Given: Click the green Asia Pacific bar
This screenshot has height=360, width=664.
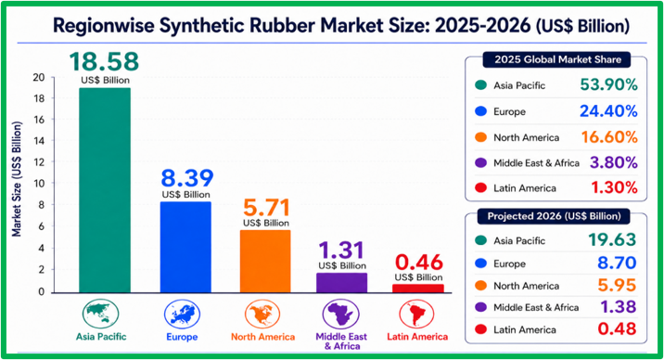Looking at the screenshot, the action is [x=105, y=190].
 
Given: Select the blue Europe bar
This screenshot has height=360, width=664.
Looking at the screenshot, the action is [x=185, y=247].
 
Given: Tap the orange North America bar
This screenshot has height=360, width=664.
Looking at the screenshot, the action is [x=265, y=262].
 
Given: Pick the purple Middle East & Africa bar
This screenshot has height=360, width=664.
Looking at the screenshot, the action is [x=342, y=282].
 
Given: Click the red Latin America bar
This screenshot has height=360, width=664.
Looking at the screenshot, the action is [x=418, y=289].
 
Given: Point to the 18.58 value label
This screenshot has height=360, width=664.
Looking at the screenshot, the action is [x=104, y=61].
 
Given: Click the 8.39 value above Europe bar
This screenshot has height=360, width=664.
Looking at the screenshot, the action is [x=186, y=178].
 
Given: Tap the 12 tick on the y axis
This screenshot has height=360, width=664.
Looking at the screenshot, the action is [x=39, y=161].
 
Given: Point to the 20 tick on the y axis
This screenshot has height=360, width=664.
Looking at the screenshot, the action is [x=39, y=77].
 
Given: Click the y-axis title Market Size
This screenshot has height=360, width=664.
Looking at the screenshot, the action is [x=17, y=179].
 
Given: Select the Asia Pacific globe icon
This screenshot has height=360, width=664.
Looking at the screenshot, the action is [x=100, y=314].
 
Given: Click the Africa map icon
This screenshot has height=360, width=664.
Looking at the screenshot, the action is [x=341, y=314].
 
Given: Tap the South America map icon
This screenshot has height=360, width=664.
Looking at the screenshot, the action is [x=416, y=314].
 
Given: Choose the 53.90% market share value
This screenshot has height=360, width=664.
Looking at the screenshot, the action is [x=608, y=84].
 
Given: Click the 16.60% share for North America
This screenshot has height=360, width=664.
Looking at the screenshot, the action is [x=609, y=137].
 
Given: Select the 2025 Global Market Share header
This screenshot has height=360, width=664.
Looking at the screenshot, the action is [x=557, y=59].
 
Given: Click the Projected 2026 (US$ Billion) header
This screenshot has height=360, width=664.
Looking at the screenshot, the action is [x=554, y=216].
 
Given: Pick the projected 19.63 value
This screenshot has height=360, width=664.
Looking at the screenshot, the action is [x=612, y=240].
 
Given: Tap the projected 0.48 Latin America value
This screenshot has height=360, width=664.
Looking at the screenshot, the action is [x=617, y=329].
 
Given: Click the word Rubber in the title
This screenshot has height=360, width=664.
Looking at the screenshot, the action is [x=283, y=25].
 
